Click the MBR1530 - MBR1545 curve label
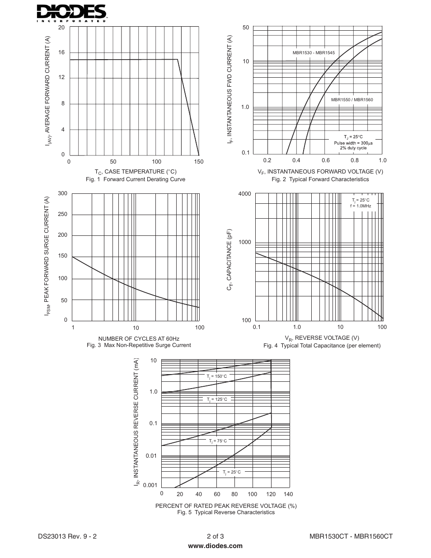[x=314, y=53]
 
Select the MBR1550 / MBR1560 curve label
[x=352, y=100]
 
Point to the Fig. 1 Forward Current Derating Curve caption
[x=136, y=179]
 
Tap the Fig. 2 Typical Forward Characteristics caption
[x=320, y=179]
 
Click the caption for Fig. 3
[x=139, y=345]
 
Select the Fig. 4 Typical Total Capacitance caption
[x=322, y=346]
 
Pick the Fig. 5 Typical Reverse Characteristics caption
[x=226, y=512]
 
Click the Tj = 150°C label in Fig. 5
[x=217, y=376]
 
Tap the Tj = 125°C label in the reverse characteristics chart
[x=217, y=399]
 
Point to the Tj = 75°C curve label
[x=218, y=441]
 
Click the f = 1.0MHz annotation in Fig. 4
[x=361, y=206]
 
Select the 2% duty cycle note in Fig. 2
[x=353, y=148]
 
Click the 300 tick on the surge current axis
[x=63, y=193]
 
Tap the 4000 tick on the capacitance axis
[x=244, y=194]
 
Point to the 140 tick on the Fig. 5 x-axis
[x=288, y=494]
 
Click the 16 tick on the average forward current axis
[x=61, y=52]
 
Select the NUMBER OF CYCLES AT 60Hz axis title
[x=139, y=339]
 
